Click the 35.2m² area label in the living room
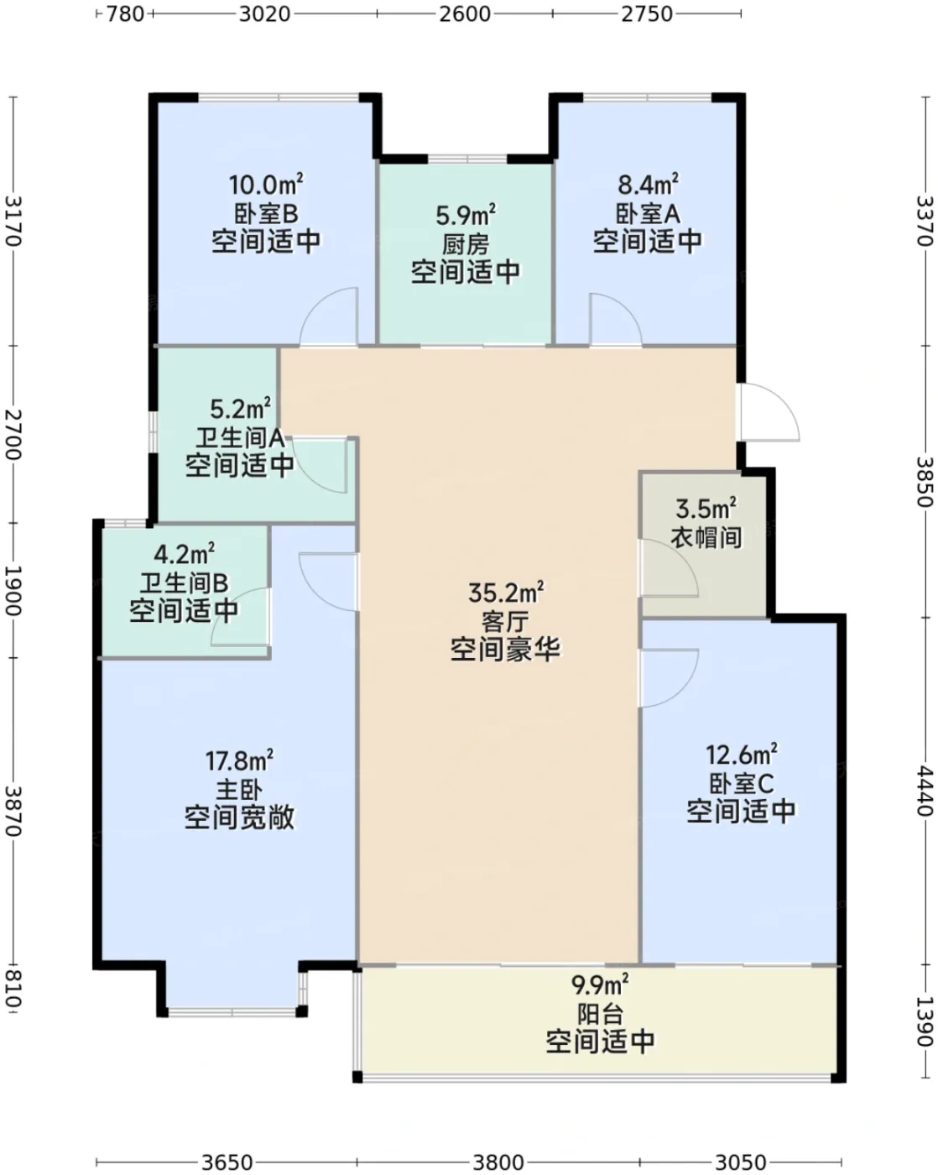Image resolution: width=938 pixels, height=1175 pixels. (506, 593)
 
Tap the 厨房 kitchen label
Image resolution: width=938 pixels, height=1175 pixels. (465, 245)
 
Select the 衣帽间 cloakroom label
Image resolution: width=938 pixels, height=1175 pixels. (706, 538)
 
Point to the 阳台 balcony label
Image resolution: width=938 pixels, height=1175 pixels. (600, 1014)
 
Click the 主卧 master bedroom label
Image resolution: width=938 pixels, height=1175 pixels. (239, 789)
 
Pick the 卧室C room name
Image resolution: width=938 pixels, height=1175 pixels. (741, 784)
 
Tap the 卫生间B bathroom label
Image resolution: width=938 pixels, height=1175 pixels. (184, 583)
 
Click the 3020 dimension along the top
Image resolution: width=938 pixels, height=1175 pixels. (265, 13)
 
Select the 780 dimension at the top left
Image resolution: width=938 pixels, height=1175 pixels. (125, 13)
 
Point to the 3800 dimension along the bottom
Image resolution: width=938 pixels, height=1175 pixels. (498, 1162)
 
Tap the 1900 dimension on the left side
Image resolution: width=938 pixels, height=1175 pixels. (13, 590)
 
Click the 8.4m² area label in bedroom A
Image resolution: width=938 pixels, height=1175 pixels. (648, 185)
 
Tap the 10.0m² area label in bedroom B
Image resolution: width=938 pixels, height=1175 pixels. (265, 185)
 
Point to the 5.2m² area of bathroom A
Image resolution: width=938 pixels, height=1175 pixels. (240, 409)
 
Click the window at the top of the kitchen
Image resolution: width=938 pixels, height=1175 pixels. (467, 159)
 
